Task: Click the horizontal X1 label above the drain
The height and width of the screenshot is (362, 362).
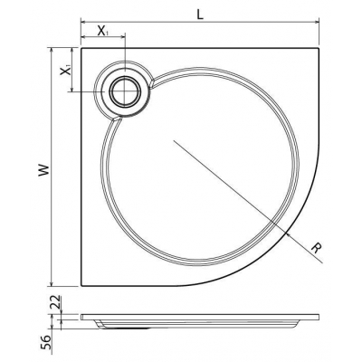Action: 102,31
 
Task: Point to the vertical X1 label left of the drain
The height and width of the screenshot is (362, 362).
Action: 63,69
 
